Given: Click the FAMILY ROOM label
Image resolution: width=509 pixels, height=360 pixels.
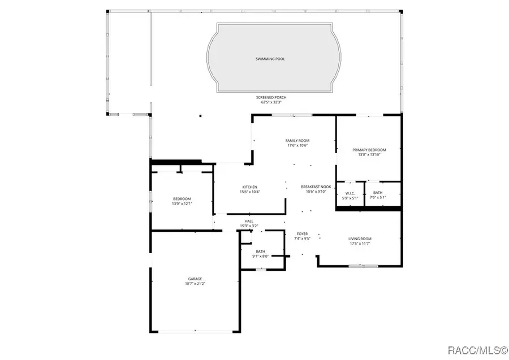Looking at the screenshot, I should [x=297, y=141].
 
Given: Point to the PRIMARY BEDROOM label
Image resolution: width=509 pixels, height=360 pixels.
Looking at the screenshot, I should [x=368, y=150].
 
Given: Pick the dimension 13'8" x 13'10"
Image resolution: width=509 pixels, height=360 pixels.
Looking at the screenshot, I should [x=368, y=155].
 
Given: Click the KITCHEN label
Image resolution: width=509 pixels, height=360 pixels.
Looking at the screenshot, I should [x=250, y=187].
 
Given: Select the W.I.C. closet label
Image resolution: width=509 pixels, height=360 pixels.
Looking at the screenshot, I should [x=350, y=193].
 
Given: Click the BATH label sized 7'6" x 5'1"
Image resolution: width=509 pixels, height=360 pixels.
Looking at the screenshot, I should [x=377, y=193].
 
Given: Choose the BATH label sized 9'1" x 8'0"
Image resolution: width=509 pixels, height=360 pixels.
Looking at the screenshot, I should [x=260, y=251].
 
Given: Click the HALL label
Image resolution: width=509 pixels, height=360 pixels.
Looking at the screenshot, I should [x=249, y=221].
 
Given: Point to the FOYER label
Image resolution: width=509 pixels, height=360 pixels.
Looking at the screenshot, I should [x=303, y=233].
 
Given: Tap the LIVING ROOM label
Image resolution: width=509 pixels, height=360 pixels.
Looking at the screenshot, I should [x=360, y=238].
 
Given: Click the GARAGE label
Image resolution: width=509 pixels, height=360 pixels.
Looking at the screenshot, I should [x=195, y=279].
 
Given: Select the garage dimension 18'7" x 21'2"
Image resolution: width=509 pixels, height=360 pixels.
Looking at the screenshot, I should [x=195, y=284].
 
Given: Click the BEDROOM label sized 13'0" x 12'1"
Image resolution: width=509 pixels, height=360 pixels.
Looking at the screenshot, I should [x=182, y=198].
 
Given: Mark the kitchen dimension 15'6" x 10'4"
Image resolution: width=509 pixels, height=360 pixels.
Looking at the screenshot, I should [x=250, y=192].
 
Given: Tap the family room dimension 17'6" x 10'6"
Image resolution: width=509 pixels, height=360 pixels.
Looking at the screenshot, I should [x=297, y=146].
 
